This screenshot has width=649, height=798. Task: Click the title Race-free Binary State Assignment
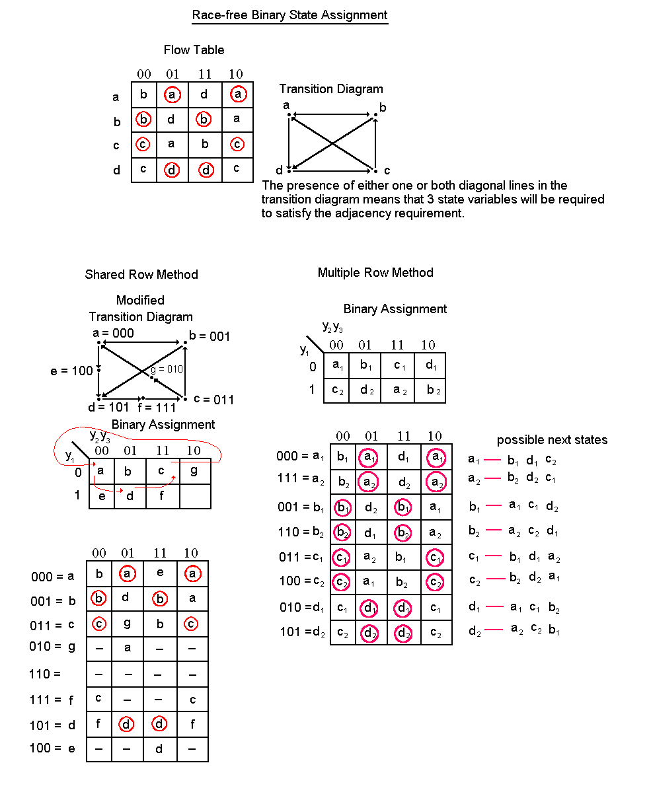click(x=289, y=15)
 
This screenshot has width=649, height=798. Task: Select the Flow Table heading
click(x=194, y=50)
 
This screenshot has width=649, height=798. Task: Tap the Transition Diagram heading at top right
click(x=330, y=89)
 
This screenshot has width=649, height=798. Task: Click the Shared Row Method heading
click(x=141, y=275)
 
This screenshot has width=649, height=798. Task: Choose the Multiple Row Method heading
click(x=375, y=273)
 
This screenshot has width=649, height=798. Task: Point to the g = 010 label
click(x=167, y=369)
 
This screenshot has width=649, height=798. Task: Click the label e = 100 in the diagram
click(x=71, y=371)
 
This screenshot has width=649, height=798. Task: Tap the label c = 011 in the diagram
click(x=213, y=400)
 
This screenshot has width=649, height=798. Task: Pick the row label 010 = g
click(x=52, y=647)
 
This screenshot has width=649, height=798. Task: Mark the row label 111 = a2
click(x=301, y=482)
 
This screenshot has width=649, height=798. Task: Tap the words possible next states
click(x=552, y=440)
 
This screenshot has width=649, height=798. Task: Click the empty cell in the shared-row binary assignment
click(x=195, y=496)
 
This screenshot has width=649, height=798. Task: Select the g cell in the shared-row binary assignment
click(x=194, y=471)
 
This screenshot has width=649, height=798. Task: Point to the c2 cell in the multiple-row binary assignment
click(x=338, y=390)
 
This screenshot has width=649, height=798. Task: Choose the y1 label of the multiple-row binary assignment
click(x=304, y=350)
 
